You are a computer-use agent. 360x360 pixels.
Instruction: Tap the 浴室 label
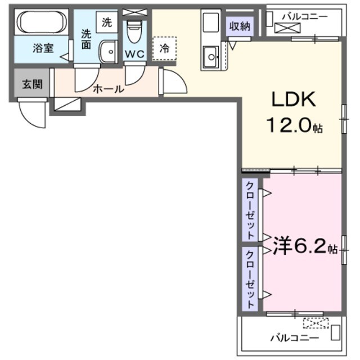click(x=43, y=48)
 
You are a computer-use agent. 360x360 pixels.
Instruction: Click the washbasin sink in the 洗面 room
click(x=106, y=53)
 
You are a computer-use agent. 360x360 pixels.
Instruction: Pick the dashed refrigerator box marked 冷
click(x=164, y=48)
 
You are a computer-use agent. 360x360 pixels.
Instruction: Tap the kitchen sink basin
click(x=212, y=57)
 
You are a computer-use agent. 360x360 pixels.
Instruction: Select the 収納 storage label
click(x=239, y=26)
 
